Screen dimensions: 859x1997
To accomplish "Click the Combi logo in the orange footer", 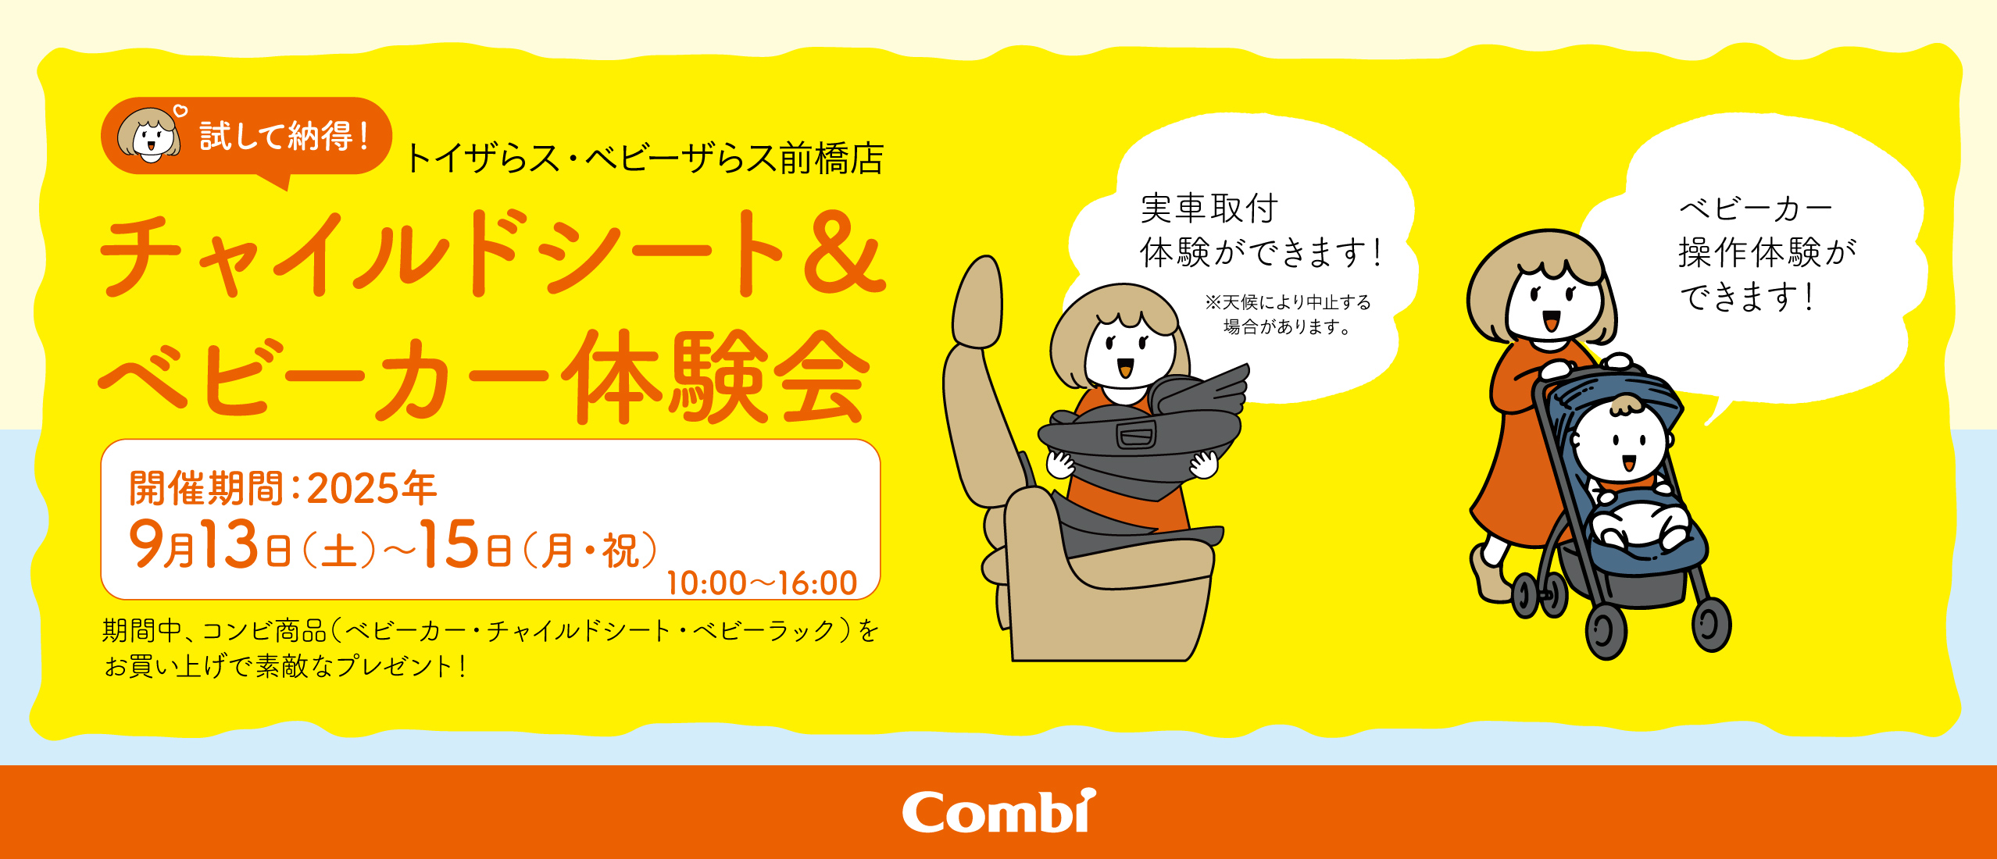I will [998, 812].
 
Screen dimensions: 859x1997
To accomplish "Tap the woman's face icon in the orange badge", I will [149, 136].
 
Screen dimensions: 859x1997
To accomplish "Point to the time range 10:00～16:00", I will [762, 583].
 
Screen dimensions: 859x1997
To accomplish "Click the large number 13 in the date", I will [229, 544].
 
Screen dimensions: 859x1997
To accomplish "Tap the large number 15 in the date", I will [449, 544].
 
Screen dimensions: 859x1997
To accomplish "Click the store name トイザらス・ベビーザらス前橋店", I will [645, 159].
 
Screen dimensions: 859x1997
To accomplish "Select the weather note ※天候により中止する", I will [1288, 303].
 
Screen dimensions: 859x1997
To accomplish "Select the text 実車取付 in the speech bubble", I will [1209, 209].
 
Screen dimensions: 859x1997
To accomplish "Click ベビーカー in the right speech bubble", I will [1755, 209].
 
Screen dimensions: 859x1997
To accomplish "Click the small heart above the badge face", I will [180, 111].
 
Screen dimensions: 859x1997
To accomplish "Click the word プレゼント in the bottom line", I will [395, 666].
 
